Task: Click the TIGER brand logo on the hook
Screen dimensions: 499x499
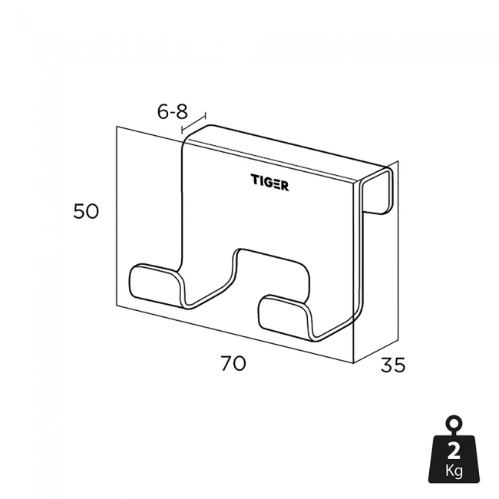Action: point(269,182)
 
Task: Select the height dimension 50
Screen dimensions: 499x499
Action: point(86,211)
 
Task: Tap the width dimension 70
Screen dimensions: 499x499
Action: point(233,363)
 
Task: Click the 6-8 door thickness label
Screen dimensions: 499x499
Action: point(173,111)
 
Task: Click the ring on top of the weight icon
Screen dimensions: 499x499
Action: point(454,424)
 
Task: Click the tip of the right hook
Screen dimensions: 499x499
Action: point(273,312)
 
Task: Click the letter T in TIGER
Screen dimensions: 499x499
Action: point(255,182)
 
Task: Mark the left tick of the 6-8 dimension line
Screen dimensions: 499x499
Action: point(183,131)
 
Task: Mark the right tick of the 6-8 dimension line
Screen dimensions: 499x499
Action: point(205,117)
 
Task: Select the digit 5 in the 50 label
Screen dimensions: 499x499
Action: point(80,211)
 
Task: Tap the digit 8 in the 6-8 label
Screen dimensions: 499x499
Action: point(183,111)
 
